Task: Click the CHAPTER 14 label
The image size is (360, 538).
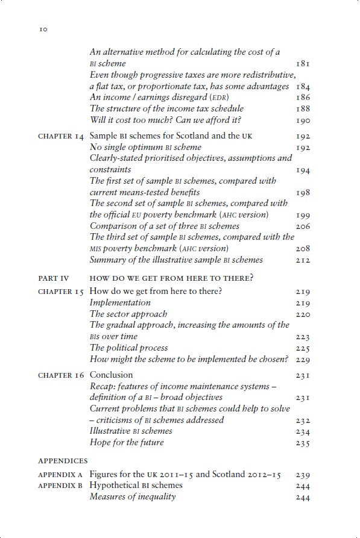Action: (60, 136)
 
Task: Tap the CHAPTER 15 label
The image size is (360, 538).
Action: (60, 292)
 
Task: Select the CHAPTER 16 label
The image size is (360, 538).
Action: (60, 376)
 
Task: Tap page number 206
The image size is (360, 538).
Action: (303, 227)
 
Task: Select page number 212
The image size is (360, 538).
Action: (303, 260)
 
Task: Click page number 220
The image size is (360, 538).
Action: (303, 314)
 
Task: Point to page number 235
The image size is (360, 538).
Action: (303, 444)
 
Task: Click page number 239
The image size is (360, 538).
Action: (303, 475)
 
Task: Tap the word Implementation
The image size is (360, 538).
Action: (121, 303)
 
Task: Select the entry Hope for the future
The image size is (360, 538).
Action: (127, 443)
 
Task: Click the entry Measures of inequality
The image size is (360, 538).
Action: (133, 496)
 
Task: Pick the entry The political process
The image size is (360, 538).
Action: (129, 348)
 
